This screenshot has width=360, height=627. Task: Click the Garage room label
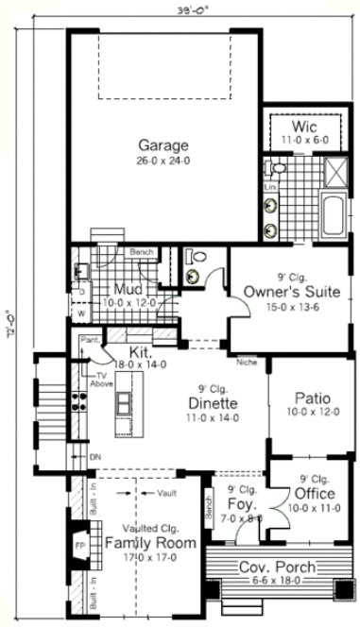coord(163,145)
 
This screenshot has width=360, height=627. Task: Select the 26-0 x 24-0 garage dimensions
coord(163,161)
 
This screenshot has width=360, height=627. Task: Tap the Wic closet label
coord(302,127)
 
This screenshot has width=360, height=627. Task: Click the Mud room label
coord(128,289)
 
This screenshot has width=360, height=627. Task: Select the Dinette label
coord(211,403)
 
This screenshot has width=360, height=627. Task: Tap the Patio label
coord(311,398)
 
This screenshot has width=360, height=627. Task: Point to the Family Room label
coord(150,543)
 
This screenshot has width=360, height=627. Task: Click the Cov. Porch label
coord(277,568)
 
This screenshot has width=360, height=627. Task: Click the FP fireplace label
coord(79,546)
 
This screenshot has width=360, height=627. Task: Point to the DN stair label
coord(94,456)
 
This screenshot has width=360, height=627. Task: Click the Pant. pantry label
coord(91,339)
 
